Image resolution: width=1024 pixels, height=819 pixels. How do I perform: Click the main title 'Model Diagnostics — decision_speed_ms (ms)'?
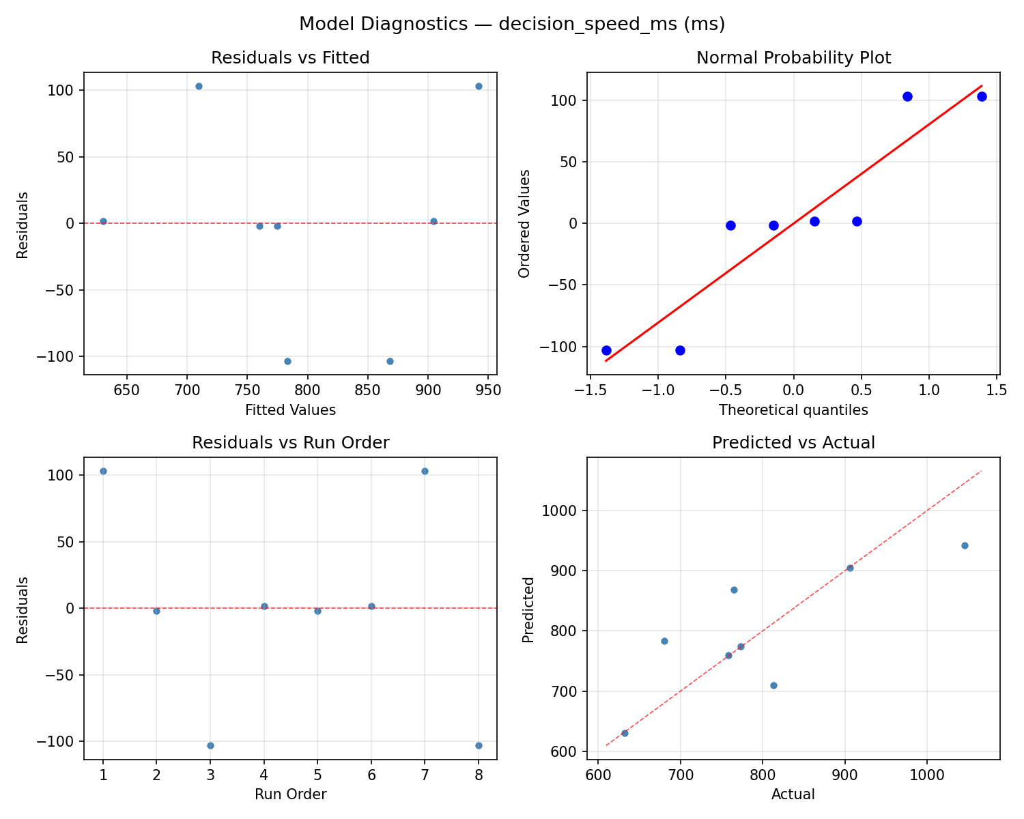[x=512, y=25]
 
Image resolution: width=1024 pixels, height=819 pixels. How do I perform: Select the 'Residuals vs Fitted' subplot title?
[x=290, y=58]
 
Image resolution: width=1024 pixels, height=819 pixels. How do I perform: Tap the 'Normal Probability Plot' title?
[x=793, y=58]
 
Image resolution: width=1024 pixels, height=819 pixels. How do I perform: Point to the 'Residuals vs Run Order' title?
[x=290, y=443]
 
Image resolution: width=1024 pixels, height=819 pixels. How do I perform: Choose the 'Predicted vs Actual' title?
[x=793, y=443]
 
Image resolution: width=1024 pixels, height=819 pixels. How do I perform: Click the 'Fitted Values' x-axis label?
[x=290, y=410]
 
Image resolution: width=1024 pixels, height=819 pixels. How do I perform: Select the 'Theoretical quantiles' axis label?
[x=793, y=410]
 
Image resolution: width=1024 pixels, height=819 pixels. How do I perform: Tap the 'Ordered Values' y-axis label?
[x=524, y=223]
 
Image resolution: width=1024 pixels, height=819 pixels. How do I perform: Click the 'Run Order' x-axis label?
[x=290, y=794]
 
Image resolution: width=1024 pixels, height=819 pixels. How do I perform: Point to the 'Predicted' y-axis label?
[x=528, y=609]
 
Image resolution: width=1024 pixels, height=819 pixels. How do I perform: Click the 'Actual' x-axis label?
[x=793, y=794]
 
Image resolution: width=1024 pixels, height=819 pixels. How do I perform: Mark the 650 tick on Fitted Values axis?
[x=126, y=391]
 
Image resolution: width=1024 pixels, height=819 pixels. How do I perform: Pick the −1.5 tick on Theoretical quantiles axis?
[x=588, y=391]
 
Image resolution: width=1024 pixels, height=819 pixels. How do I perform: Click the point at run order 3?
[x=210, y=745]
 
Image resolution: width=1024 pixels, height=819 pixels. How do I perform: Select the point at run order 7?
[x=425, y=471]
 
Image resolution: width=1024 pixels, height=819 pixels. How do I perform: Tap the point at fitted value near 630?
[x=103, y=221]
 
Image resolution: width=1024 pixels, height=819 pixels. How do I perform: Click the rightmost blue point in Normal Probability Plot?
[x=982, y=96]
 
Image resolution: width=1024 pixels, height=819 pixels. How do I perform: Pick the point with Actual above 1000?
[x=965, y=545]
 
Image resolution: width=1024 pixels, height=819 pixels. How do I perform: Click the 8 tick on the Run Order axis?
[x=479, y=776]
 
